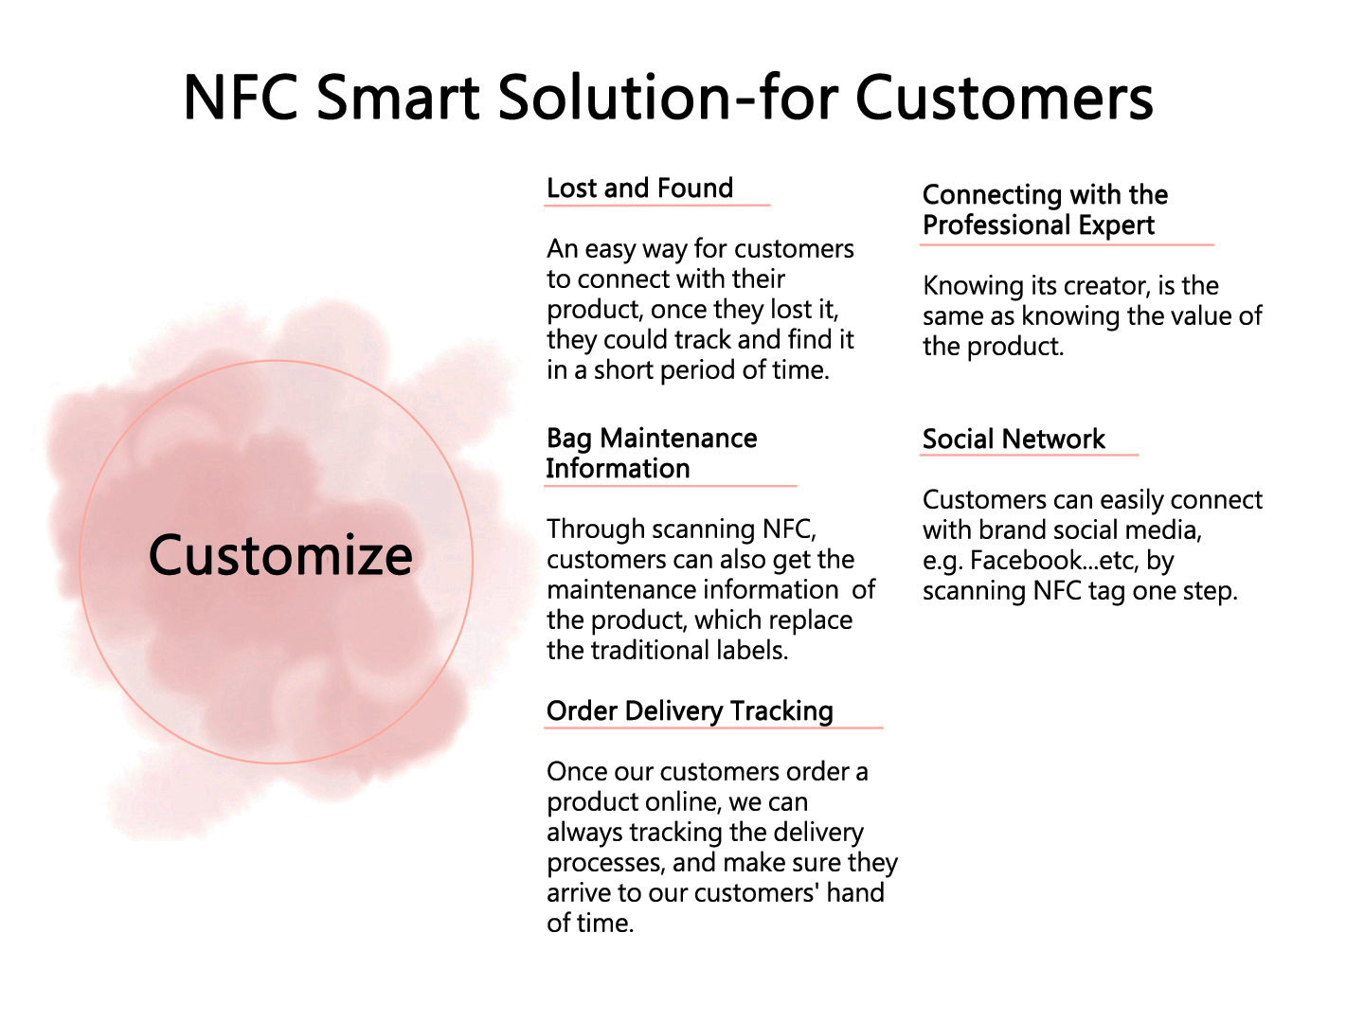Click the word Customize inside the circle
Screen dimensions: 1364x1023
280,555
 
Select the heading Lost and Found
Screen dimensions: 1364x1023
639,188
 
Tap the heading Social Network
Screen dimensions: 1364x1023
1014,440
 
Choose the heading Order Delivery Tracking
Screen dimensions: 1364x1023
690,711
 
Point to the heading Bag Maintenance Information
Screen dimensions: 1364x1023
652,454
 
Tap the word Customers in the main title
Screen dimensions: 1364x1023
1004,98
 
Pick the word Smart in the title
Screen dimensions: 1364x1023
399,98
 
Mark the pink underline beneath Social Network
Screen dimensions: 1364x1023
1029,456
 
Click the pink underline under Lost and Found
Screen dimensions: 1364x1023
657,205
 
